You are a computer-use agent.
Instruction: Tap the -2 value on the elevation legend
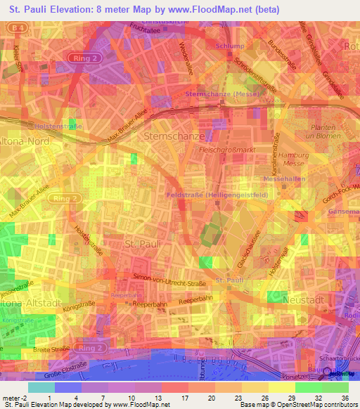tap(29, 398)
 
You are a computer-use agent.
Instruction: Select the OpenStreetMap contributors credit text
tap(322, 404)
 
